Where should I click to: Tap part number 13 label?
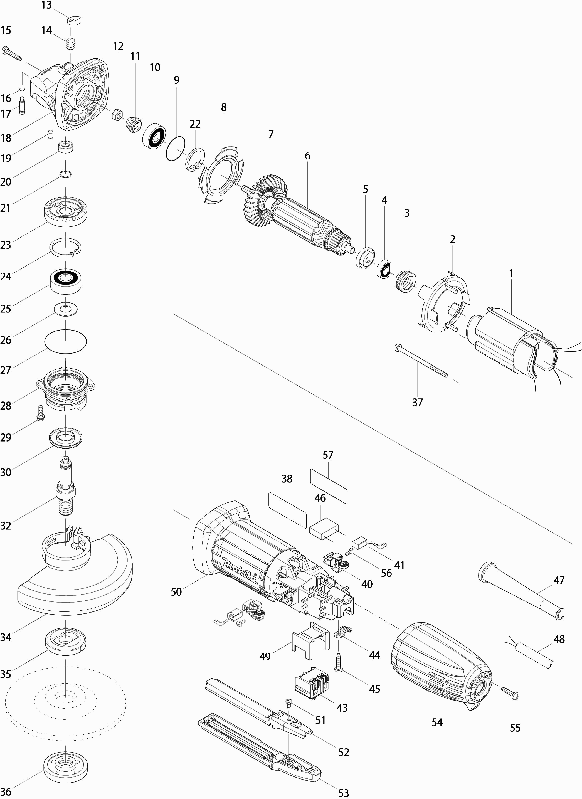click(46, 5)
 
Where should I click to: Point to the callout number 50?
click(176, 591)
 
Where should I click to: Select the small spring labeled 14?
click(71, 44)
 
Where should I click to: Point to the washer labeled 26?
click(66, 309)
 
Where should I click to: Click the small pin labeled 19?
click(50, 134)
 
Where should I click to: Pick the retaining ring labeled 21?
click(66, 173)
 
